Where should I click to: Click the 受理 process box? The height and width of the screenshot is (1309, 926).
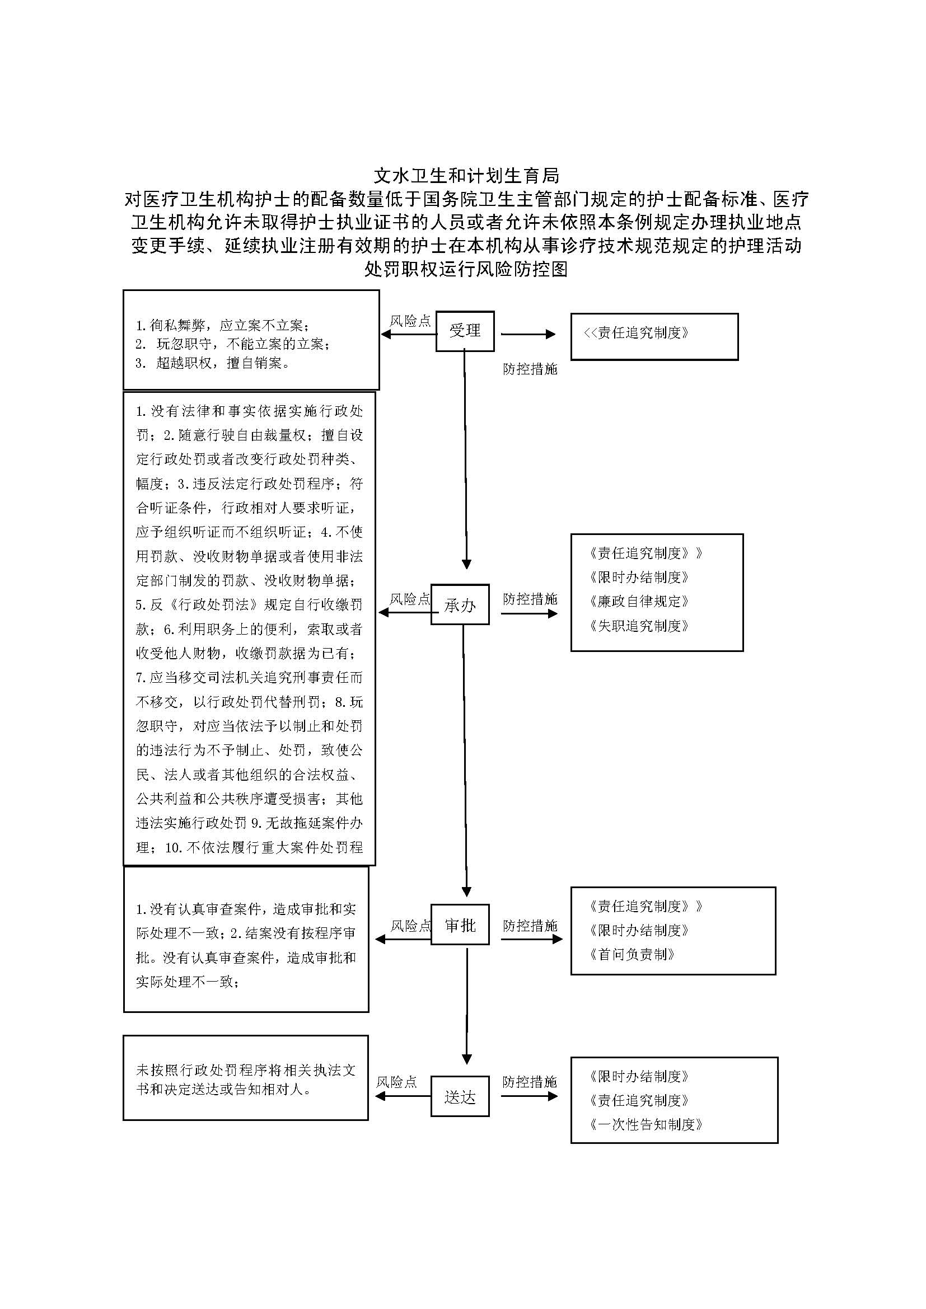coord(465,331)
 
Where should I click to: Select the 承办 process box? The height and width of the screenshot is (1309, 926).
coord(460,604)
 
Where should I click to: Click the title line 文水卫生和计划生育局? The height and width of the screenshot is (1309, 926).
coord(466,175)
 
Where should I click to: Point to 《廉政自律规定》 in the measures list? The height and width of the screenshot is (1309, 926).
coord(639,602)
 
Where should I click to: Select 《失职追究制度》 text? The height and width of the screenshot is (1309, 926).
coord(639,626)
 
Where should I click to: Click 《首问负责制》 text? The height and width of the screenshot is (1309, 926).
coord(632,954)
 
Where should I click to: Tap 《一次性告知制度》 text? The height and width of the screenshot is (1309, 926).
coord(646,1124)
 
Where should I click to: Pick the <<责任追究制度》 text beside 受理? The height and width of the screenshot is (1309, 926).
coord(637,333)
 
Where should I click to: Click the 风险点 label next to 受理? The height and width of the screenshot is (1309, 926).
coord(410,321)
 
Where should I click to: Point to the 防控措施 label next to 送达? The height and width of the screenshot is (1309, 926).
coord(530,1082)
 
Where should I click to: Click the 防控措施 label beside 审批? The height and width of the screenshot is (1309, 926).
coord(530,926)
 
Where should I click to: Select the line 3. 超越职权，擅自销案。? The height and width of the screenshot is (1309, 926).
coord(213,363)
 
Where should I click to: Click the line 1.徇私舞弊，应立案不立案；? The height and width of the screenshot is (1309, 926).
coord(222,326)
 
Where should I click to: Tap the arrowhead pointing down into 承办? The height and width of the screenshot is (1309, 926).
coord(466,564)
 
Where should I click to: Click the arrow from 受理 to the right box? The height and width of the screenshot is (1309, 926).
coord(527,334)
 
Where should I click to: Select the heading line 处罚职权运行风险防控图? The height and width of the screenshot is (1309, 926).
coord(466,269)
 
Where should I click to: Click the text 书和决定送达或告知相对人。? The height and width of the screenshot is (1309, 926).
coord(224,1089)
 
